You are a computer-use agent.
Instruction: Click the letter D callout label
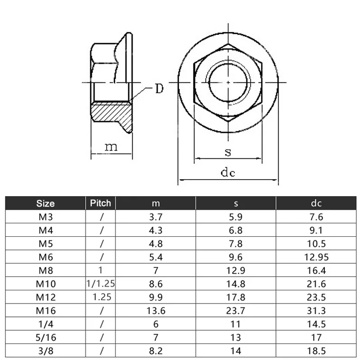[x=159, y=89]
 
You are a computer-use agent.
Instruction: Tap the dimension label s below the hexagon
[x=228, y=152]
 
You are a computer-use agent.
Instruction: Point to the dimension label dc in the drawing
[x=228, y=173]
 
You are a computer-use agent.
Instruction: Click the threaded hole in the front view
[x=228, y=83]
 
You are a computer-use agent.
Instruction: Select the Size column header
[x=45, y=203]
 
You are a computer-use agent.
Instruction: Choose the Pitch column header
[x=101, y=203]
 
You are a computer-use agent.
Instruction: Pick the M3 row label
[x=45, y=217]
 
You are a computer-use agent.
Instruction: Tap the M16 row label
[x=45, y=310]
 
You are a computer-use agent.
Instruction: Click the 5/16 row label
[x=45, y=337]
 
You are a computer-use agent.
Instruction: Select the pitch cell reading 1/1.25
[x=101, y=283]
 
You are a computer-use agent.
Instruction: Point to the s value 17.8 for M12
[x=235, y=297]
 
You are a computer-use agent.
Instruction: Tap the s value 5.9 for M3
[x=235, y=217]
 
